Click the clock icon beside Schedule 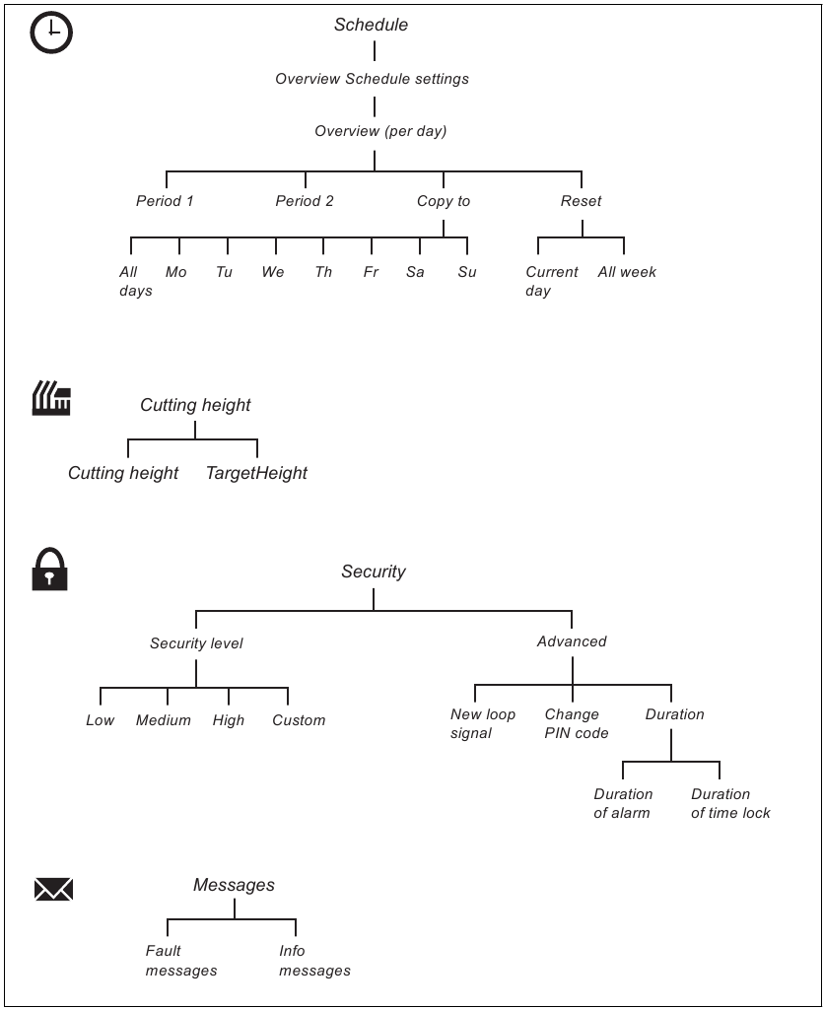coord(51,33)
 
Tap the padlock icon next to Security coord(50,570)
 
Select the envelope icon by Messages coord(53,890)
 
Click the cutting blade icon coord(51,399)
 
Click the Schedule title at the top coord(371,25)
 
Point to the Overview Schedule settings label coord(372,79)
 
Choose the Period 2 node coord(305,201)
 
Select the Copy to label coord(444,201)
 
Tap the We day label coord(273,272)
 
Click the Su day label coord(467,272)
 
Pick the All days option coord(136,281)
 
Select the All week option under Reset coord(627,272)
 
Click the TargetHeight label coord(256,473)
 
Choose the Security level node coord(196,643)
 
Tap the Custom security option coord(299,720)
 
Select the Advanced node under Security coord(572,641)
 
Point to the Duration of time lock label coord(730,803)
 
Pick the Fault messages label coord(180,961)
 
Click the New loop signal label coord(482,723)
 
